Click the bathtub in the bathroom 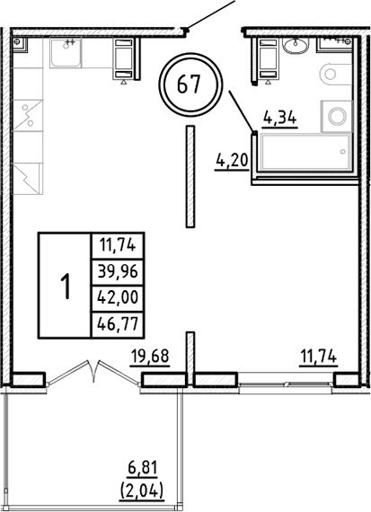(305, 152)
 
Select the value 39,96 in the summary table (119, 271)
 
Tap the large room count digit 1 (65, 286)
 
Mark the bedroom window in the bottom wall (285, 384)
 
